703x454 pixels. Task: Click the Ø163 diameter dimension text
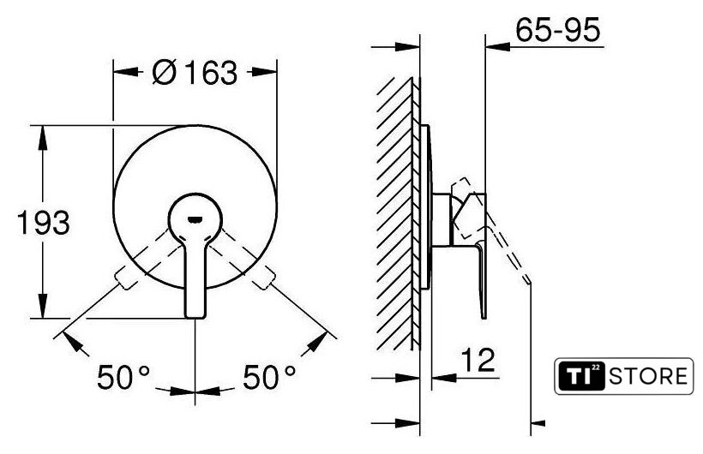coord(195,72)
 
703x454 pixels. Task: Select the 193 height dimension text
coord(44,223)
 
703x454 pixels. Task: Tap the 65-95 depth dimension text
coord(557,30)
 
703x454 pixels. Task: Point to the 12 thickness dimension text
coord(478,360)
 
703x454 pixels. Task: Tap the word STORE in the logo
coord(648,376)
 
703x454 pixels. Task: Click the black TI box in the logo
coord(580,376)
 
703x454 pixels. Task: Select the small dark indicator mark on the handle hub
coord(195,219)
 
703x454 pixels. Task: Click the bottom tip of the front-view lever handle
coord(195,317)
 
